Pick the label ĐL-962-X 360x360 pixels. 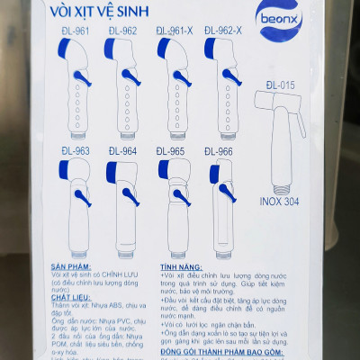pyautogui.click(x=222, y=31)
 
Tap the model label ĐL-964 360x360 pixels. pyautogui.click(x=123, y=151)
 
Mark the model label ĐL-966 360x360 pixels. pyautogui.click(x=219, y=151)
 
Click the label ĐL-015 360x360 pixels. pyautogui.click(x=280, y=85)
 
